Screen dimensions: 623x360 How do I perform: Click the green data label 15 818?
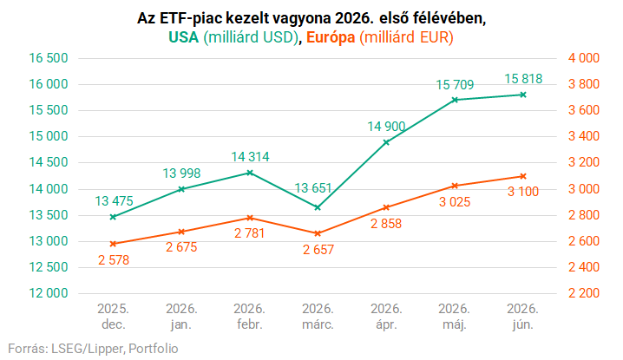pos(523,79)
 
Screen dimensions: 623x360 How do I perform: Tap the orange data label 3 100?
pos(523,192)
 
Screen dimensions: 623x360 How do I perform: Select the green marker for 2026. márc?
pos(318,207)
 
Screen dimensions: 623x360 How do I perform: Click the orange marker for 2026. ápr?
pos(386,207)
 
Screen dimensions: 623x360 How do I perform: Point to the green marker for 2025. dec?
pos(113,217)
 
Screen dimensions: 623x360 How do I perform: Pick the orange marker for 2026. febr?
pos(250,218)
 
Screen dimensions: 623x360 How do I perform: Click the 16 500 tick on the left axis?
pos(49,58)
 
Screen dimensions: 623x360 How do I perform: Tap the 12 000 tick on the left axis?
pos(49,293)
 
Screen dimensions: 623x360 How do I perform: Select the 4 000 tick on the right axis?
pos(584,58)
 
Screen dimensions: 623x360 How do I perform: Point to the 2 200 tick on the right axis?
pos(584,293)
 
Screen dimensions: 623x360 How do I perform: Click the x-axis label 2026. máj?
pos(455,317)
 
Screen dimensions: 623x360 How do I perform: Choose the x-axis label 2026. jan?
pos(181,317)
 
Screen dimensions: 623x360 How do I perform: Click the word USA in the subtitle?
pos(183,37)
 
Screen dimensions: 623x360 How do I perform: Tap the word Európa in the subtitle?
pos(331,37)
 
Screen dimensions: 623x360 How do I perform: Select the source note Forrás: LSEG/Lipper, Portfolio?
pos(93,349)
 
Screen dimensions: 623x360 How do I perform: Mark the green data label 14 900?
pos(386,127)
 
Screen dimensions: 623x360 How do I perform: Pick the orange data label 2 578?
pos(114,260)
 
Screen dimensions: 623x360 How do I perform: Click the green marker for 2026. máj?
pos(455,100)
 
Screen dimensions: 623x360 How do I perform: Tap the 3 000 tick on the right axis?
pos(584,189)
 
